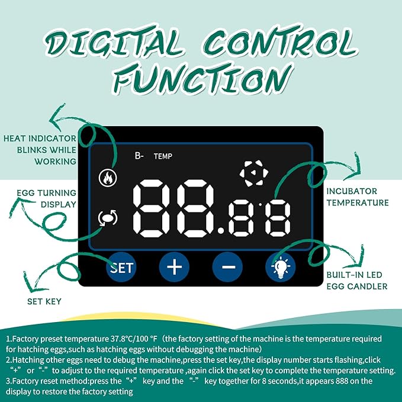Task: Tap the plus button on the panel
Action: pyautogui.click(x=174, y=267)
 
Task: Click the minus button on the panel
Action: pyautogui.click(x=228, y=267)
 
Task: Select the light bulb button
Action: pyautogui.click(x=281, y=267)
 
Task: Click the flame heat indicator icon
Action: pyautogui.click(x=108, y=178)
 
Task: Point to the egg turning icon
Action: pyautogui.click(x=108, y=218)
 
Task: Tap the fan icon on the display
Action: pyautogui.click(x=254, y=173)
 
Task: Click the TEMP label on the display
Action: pyautogui.click(x=163, y=156)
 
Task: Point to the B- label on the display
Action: pyautogui.click(x=139, y=156)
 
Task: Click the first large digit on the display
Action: pyautogui.click(x=151, y=208)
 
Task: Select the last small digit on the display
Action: pyautogui.click(x=278, y=218)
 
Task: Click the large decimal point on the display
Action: pyautogui.click(x=221, y=230)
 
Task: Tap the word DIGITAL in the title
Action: pyautogui.click(x=114, y=42)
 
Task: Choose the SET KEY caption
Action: pyautogui.click(x=44, y=301)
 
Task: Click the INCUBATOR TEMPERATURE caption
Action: pyautogui.click(x=358, y=197)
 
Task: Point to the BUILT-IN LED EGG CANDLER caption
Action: pyautogui.click(x=357, y=281)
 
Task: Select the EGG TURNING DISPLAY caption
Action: pyautogui.click(x=47, y=198)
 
